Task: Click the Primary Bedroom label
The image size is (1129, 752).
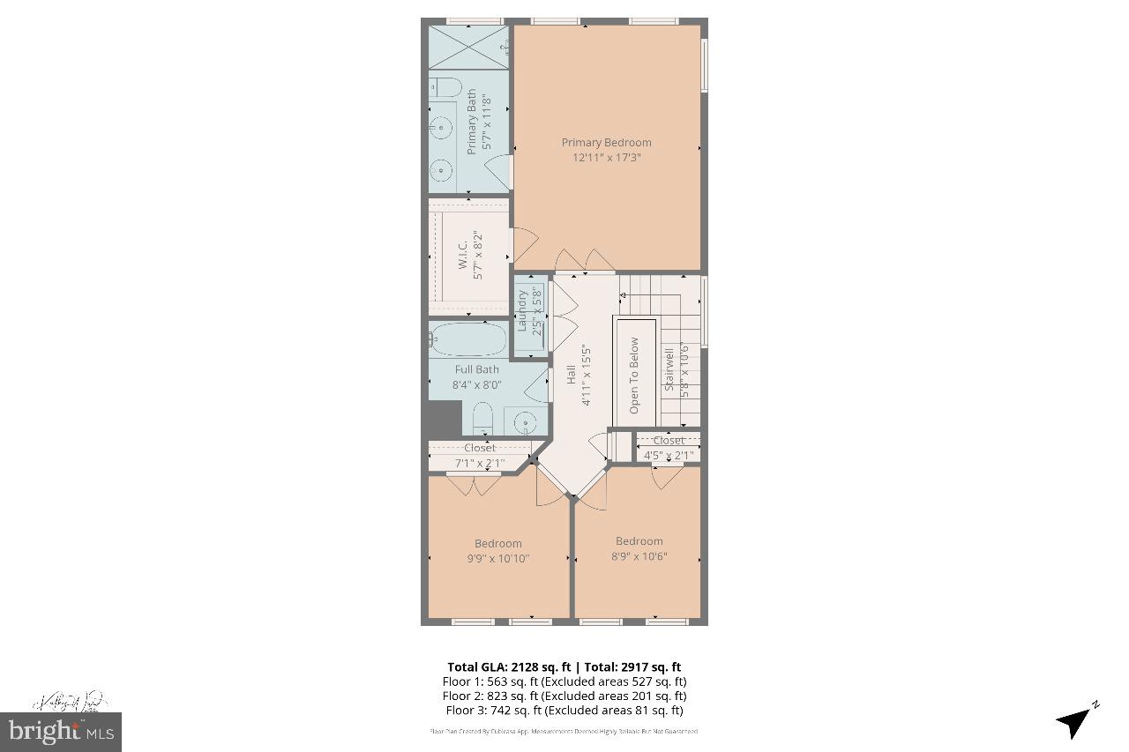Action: tap(607, 142)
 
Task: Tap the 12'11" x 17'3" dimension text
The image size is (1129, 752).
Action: tap(607, 158)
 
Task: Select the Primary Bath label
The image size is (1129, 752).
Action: tap(472, 122)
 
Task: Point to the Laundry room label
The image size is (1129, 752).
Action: tap(522, 310)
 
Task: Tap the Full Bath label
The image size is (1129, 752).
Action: tap(476, 369)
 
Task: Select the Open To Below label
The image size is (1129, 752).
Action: tap(634, 376)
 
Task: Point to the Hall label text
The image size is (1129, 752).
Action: tap(571, 375)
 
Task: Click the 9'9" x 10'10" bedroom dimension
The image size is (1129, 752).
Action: tap(497, 558)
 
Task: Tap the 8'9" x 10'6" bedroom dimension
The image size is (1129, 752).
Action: tap(639, 556)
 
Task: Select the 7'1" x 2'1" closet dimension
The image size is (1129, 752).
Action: tap(480, 462)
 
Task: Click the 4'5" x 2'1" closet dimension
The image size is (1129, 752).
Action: tap(668, 456)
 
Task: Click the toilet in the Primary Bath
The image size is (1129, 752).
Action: tap(445, 87)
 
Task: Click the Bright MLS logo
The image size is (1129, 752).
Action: tap(61, 731)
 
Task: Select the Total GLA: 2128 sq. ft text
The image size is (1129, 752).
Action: tap(509, 667)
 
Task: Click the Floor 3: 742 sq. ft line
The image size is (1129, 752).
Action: tap(564, 710)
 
